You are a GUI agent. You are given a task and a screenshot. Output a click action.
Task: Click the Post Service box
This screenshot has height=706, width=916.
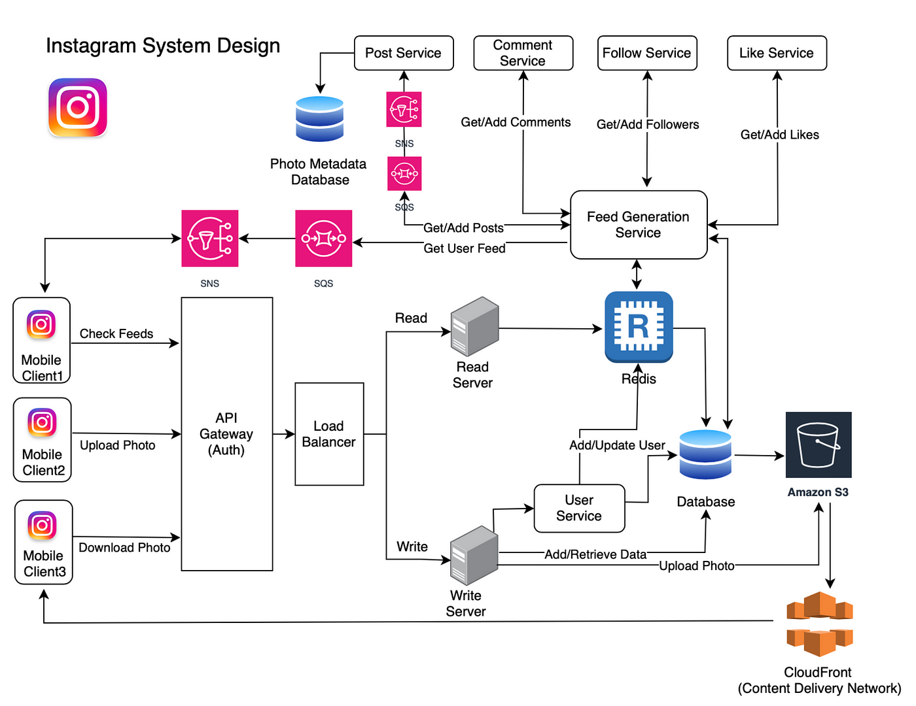(x=404, y=53)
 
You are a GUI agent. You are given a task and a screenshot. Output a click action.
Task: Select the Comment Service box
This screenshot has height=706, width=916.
(x=523, y=53)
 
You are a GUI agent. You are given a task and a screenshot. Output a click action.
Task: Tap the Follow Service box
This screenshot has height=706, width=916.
(x=646, y=53)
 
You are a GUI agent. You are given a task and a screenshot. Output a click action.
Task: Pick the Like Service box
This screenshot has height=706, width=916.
(x=777, y=53)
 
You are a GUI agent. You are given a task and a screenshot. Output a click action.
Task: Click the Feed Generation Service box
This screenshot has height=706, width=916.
(x=639, y=225)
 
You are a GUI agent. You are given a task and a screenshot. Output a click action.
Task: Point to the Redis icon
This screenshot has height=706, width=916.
(x=639, y=327)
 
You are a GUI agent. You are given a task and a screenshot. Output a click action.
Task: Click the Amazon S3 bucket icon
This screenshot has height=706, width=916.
(x=818, y=445)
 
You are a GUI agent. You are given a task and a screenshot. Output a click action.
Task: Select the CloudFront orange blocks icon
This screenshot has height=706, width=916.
(x=819, y=624)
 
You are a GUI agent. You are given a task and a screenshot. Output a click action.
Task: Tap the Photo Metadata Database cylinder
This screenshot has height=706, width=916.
(x=319, y=119)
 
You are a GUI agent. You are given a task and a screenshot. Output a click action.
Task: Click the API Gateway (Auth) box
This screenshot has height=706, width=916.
(x=226, y=434)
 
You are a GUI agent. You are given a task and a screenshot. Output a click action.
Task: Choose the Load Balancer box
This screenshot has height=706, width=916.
(x=329, y=434)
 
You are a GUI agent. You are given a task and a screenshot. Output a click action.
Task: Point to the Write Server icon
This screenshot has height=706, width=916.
(x=474, y=555)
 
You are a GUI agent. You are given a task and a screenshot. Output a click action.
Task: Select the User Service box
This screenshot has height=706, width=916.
(x=579, y=508)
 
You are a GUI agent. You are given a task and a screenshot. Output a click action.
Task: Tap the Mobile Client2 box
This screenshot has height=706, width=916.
(x=43, y=440)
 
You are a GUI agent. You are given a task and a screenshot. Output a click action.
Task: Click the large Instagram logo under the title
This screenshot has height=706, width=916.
(x=78, y=108)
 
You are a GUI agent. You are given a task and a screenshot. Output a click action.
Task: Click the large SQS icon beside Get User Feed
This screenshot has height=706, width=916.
(x=323, y=239)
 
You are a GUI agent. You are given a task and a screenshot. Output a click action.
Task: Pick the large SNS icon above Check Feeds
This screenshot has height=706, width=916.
(x=209, y=239)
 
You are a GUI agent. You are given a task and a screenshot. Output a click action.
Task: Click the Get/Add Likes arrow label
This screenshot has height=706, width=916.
(x=779, y=135)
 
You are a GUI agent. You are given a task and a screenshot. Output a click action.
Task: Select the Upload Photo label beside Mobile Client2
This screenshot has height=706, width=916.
(x=118, y=445)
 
